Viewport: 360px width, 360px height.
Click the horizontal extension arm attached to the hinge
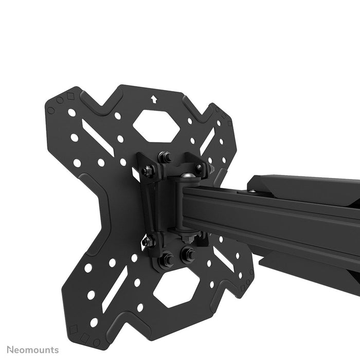pyautogui.click(x=278, y=216)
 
